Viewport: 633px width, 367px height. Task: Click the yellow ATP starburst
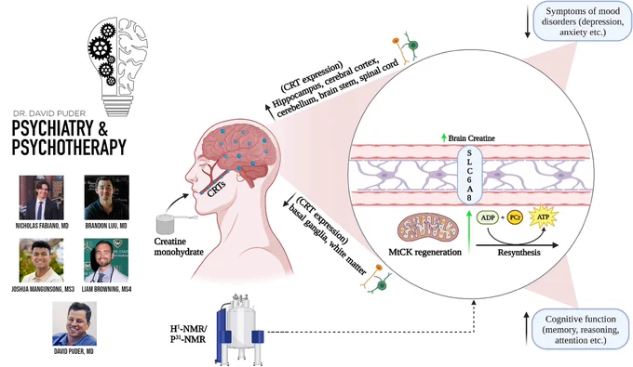[543, 216]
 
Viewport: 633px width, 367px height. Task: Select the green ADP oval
[488, 217]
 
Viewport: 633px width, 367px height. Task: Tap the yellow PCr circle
[515, 217]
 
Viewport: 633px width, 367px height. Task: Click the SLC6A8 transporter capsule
[469, 175]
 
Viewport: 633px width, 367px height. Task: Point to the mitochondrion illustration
[428, 229]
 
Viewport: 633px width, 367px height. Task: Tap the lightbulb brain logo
[117, 67]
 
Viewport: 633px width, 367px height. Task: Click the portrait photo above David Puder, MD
[74, 323]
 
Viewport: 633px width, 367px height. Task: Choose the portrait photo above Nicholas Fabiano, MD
[42, 197]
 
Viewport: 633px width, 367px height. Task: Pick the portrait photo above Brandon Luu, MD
[106, 197]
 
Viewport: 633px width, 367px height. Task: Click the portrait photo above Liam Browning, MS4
[106, 260]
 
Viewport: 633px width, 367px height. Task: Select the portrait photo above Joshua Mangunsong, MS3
[42, 260]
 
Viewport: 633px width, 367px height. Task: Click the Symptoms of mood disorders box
[582, 21]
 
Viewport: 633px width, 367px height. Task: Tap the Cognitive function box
[581, 329]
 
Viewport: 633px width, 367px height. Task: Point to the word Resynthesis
[519, 253]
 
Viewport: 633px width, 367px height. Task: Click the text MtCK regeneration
[424, 252]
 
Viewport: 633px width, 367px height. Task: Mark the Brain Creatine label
[471, 138]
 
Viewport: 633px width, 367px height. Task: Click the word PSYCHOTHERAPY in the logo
[69, 147]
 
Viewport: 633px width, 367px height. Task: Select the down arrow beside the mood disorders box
[527, 21]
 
